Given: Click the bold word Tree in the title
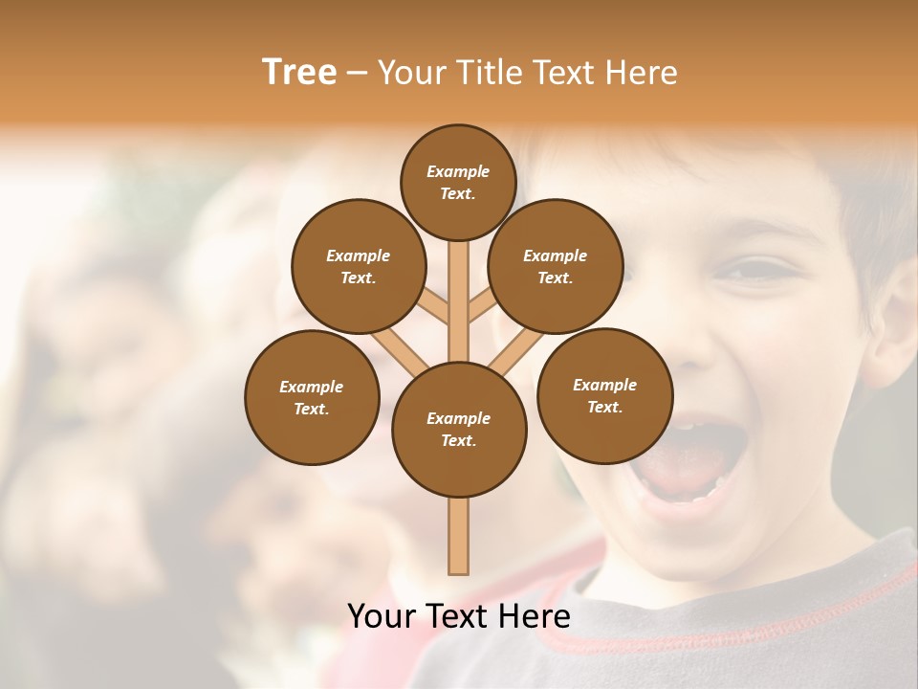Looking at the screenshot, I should [299, 72].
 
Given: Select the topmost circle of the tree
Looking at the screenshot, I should [458, 182].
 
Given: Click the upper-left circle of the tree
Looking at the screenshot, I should [359, 266].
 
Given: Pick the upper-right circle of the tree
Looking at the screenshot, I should [556, 266].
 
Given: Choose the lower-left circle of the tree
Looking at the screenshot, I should [312, 397].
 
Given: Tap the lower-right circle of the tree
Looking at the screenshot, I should [604, 395].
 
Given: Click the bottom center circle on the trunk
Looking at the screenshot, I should [459, 429].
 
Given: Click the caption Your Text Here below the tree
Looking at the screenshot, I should [459, 616].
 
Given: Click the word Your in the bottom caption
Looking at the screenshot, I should [382, 616].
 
